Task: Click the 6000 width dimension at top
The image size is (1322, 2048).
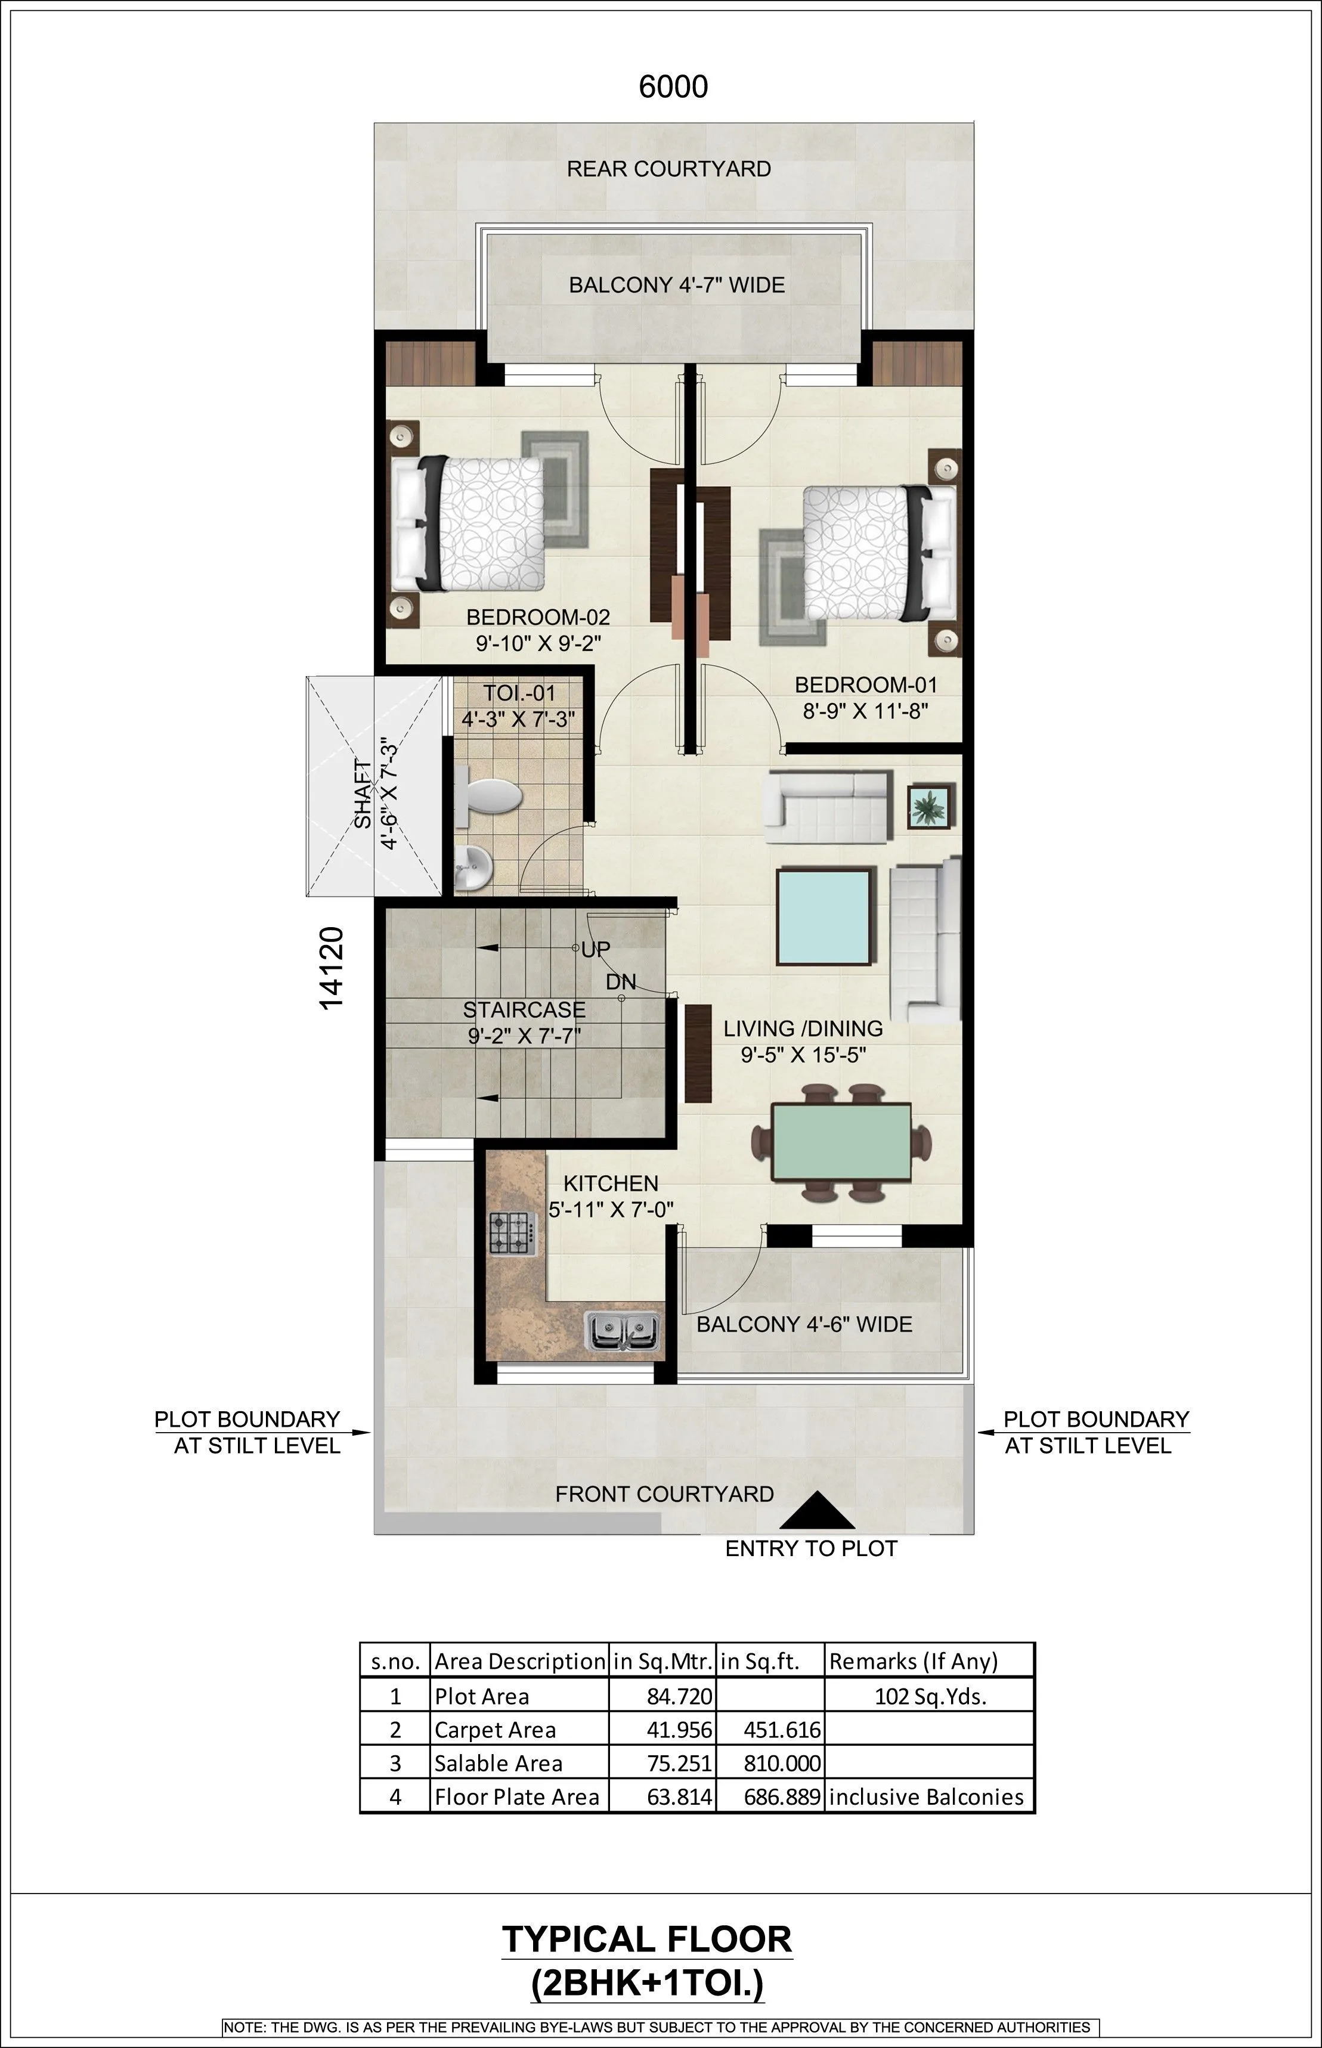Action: (673, 86)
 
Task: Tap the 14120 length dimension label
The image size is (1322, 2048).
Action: (332, 967)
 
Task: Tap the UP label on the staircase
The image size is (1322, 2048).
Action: (596, 949)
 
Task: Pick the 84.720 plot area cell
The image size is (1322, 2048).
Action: (679, 1696)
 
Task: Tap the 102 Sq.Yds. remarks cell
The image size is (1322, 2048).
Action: (930, 1696)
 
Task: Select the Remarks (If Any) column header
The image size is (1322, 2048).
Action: (912, 1661)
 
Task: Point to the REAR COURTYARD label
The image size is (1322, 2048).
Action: (668, 169)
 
